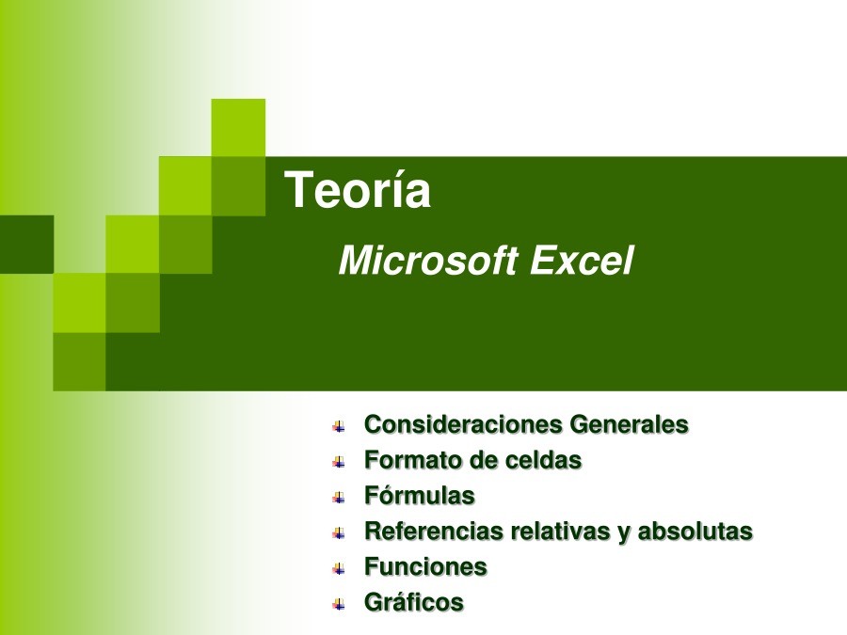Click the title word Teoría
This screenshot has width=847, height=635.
point(358,189)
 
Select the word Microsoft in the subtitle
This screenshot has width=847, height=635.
point(428,261)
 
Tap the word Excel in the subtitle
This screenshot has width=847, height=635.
point(582,261)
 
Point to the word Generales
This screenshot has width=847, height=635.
point(630,424)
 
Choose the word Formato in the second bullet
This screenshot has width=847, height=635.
point(413,460)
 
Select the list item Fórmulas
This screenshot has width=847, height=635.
point(420,495)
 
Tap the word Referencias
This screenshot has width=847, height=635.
point(434,531)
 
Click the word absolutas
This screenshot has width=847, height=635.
point(695,531)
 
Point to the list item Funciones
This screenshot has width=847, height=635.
point(425,566)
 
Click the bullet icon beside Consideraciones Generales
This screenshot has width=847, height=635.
point(339,426)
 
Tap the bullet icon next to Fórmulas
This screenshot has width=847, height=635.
point(339,498)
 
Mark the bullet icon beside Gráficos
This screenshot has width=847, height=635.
point(339,604)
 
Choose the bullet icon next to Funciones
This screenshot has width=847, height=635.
point(339,568)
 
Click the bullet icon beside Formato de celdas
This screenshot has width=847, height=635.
point(339,462)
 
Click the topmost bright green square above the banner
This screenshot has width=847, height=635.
point(238,128)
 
